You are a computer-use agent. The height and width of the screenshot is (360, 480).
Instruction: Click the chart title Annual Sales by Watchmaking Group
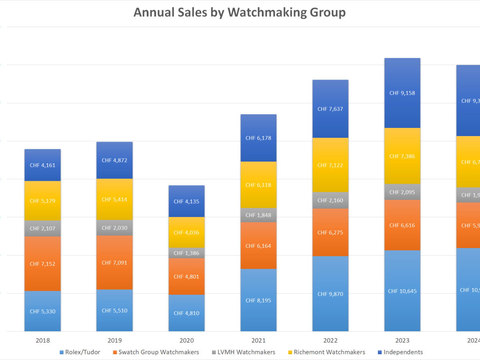239,12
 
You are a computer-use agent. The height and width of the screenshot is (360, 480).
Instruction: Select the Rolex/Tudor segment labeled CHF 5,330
42,311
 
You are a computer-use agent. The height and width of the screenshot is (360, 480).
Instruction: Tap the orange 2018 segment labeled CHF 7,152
42,264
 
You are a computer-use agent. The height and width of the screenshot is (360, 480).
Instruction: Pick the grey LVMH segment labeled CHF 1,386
186,253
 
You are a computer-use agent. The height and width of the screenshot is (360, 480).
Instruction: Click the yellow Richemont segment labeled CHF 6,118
258,185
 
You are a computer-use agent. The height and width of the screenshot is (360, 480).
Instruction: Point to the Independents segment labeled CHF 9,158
402,93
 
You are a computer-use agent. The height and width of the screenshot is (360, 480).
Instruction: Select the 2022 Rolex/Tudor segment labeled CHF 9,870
330,294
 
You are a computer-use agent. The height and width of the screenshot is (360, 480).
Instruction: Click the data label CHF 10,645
402,291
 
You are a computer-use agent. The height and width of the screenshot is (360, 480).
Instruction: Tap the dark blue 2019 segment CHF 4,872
114,160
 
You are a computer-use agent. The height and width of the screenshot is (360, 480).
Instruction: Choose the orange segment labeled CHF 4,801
186,276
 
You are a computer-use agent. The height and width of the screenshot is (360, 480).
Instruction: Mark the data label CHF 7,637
330,109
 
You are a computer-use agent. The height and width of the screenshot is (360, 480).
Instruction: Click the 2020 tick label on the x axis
186,341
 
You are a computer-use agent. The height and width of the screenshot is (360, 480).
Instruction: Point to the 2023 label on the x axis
402,341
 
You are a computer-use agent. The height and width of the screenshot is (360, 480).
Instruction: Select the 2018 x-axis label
42,341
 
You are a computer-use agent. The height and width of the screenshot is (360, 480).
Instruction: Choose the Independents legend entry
403,352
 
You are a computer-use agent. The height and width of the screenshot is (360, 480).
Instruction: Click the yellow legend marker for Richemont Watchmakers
290,352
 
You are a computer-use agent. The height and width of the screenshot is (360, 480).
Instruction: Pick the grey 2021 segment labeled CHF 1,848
258,215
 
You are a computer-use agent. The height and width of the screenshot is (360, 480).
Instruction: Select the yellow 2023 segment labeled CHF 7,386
402,156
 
